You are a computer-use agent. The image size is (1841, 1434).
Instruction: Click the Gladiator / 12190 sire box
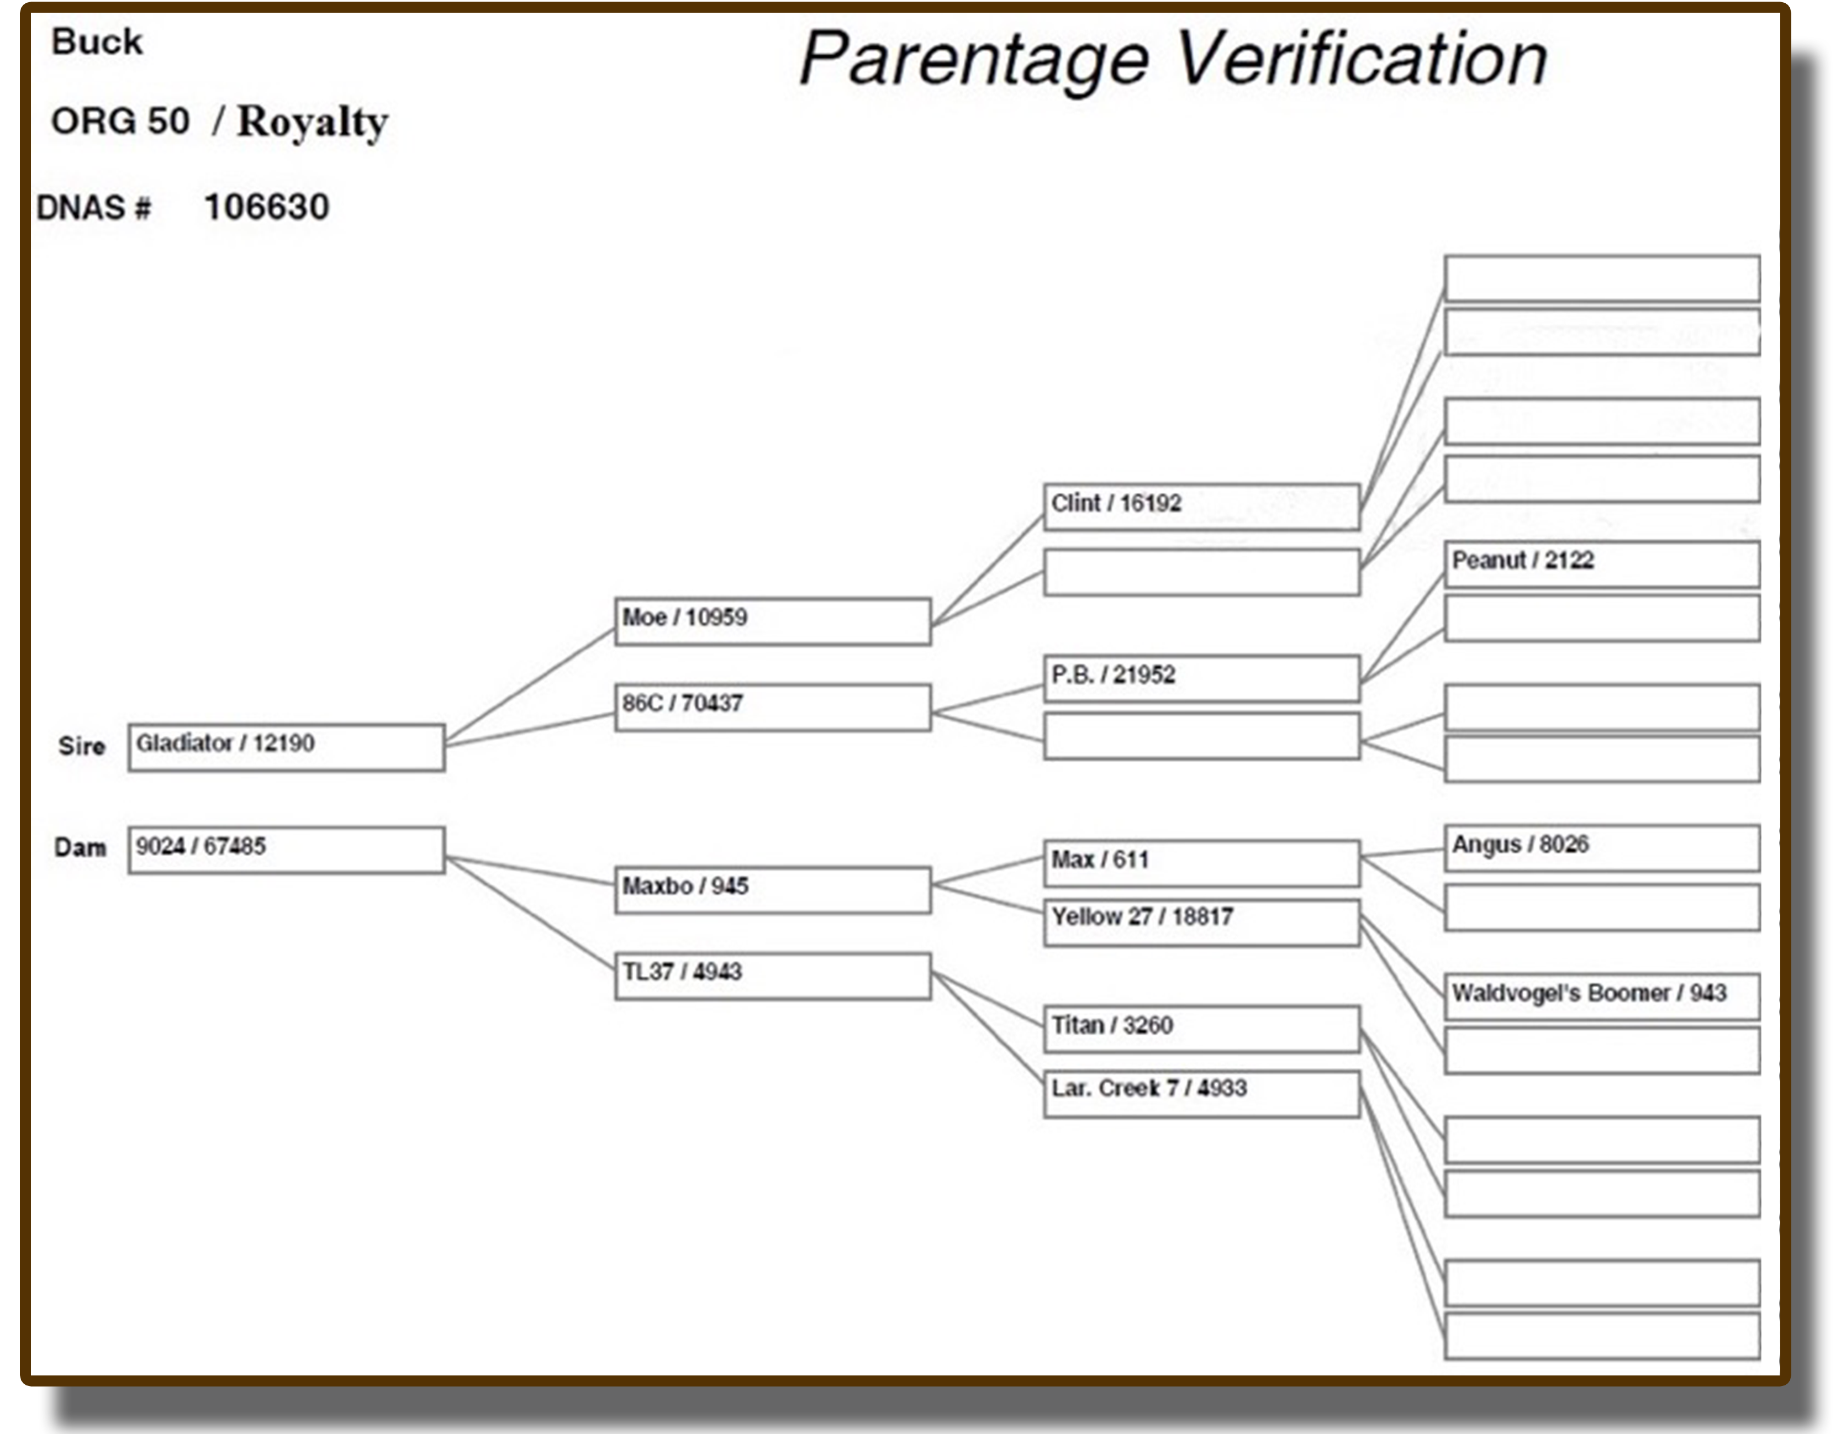(x=287, y=747)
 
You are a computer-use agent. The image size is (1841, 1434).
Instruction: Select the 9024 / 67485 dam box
(x=287, y=850)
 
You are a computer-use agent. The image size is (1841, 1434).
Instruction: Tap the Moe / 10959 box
(x=773, y=622)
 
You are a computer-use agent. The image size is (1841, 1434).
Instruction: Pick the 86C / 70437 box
(x=773, y=707)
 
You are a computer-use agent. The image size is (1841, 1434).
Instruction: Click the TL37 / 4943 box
(x=773, y=976)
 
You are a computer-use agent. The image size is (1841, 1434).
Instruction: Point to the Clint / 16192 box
(x=1202, y=507)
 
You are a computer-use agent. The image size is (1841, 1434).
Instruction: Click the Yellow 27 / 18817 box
(x=1202, y=923)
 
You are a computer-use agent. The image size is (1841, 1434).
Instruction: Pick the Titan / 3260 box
(x=1202, y=1029)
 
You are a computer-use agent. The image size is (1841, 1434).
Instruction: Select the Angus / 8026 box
(x=1602, y=848)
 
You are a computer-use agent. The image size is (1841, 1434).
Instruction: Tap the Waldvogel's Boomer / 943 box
(x=1602, y=997)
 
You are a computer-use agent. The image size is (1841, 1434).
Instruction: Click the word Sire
(x=82, y=746)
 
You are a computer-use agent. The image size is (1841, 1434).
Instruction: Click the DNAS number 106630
(x=266, y=207)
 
